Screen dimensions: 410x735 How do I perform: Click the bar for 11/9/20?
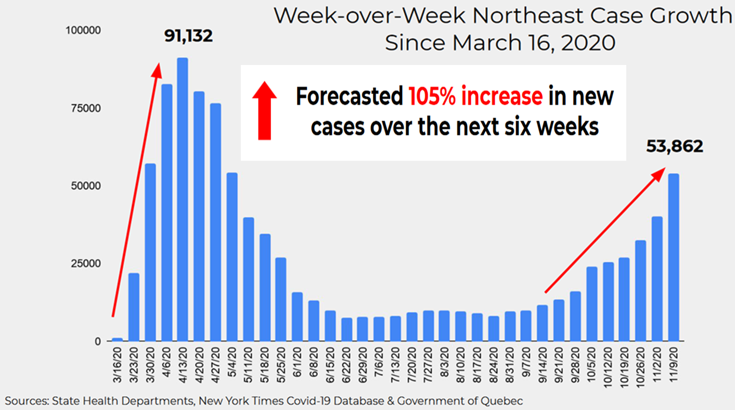click(x=674, y=257)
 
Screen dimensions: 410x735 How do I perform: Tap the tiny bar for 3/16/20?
click(x=118, y=340)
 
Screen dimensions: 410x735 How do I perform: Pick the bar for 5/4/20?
click(x=232, y=257)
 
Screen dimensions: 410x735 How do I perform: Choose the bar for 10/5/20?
click(x=592, y=304)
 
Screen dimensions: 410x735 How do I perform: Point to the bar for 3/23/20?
click(x=134, y=307)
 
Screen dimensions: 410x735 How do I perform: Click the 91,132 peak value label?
click(x=189, y=36)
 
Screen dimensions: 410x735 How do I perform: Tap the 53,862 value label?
click(x=675, y=147)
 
